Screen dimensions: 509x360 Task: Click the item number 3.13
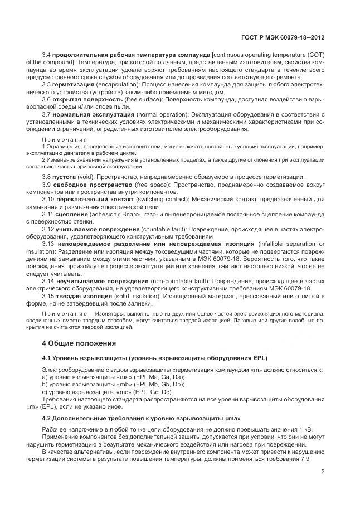point(50,244)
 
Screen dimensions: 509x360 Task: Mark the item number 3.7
point(48,114)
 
